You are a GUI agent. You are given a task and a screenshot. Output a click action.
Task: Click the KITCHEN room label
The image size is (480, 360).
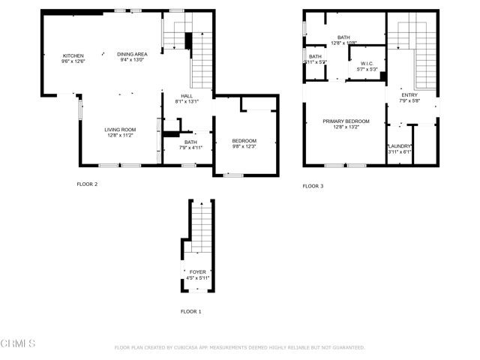click(73, 55)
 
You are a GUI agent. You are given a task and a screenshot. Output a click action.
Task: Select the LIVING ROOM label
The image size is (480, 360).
click(119, 130)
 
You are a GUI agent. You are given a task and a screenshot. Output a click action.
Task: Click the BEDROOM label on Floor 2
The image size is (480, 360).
click(244, 141)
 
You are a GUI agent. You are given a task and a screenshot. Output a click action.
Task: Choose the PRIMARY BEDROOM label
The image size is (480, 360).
click(346, 121)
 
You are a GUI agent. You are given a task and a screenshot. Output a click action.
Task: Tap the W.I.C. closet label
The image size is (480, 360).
click(367, 63)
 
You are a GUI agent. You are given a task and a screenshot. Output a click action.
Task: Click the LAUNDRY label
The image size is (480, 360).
click(399, 146)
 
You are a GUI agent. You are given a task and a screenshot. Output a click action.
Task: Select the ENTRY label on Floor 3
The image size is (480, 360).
click(409, 95)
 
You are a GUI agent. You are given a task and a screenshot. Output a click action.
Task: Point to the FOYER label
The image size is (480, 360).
click(198, 272)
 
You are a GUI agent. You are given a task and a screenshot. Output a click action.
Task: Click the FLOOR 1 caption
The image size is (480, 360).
click(191, 311)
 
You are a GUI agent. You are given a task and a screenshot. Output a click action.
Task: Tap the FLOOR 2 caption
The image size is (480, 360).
click(87, 184)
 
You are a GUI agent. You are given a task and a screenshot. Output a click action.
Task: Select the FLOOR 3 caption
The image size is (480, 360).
click(313, 186)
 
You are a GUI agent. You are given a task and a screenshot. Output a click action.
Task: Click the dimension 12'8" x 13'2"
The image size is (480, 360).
click(346, 127)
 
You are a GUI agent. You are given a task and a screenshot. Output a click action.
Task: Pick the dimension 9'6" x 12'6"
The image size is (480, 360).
click(73, 61)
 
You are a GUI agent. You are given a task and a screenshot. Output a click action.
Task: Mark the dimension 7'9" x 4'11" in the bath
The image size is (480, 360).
click(190, 148)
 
